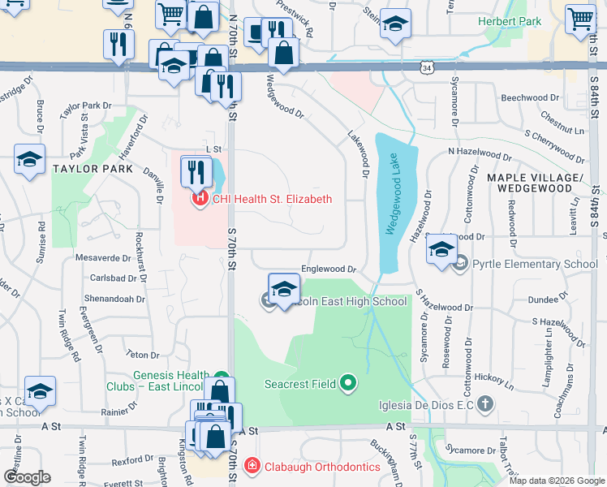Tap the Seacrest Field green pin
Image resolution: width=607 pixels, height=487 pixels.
348,381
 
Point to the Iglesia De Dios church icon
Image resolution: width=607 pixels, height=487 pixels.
484,403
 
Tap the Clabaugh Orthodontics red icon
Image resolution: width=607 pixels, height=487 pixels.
252,466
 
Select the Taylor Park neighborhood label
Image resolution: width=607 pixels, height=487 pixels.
92,169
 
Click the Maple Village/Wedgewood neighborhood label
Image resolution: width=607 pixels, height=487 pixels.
535,183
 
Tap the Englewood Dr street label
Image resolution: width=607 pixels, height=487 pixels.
329,269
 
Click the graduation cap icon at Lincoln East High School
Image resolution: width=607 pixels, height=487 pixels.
284,290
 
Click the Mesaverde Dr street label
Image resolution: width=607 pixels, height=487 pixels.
103,258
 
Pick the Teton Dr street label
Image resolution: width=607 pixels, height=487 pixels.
142,355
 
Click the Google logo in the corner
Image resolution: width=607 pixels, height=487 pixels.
27,476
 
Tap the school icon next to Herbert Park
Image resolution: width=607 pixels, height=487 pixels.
395,25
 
